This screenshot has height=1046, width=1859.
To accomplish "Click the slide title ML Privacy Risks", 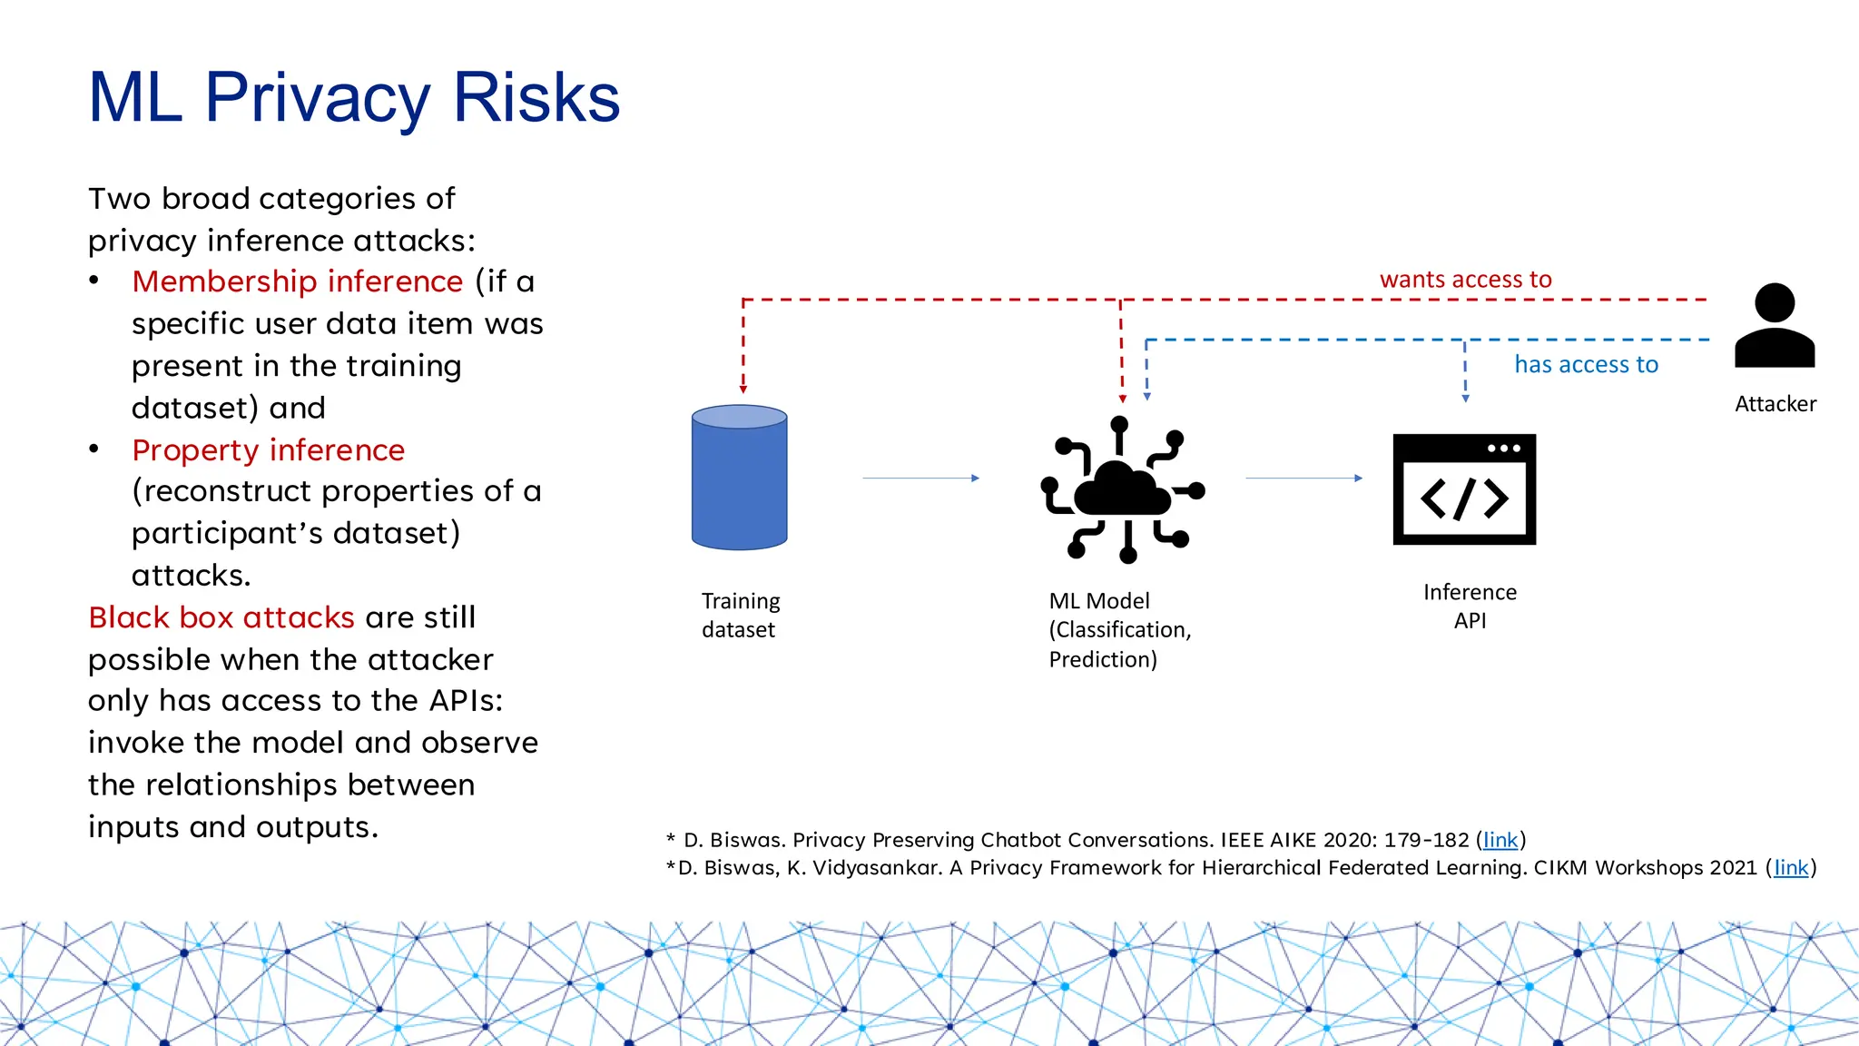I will click(354, 97).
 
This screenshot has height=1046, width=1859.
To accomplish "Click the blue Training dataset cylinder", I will click(739, 478).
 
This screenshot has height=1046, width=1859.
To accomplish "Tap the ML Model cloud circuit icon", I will click(1123, 490).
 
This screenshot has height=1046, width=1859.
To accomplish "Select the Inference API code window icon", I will click(1464, 489).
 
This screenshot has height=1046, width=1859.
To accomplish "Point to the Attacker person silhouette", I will click(1775, 326).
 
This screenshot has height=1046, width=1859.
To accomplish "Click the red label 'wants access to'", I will click(1465, 280).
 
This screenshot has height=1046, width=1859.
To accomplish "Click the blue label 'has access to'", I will click(1586, 365).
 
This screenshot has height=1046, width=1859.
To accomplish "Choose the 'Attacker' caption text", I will click(1775, 404).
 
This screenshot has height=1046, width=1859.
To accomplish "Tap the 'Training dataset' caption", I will click(741, 616).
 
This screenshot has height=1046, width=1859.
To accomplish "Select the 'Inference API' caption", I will click(1470, 607).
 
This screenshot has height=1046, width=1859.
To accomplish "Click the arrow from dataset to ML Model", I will click(920, 478).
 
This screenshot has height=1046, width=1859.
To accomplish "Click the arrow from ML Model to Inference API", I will click(1303, 478).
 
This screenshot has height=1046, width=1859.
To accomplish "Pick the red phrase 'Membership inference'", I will click(298, 281).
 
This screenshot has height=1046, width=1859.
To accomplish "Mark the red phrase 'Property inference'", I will click(268, 450).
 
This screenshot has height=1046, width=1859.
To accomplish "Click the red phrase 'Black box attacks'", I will click(221, 617).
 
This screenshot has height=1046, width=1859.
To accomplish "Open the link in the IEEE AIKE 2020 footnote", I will click(1500, 840).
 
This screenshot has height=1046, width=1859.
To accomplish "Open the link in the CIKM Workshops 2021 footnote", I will click(1791, 868).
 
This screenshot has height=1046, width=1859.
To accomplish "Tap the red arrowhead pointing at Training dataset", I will click(743, 390).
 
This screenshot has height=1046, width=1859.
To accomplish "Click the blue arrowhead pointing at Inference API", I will click(1465, 398).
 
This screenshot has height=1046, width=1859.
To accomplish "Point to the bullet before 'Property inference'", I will click(94, 449).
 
